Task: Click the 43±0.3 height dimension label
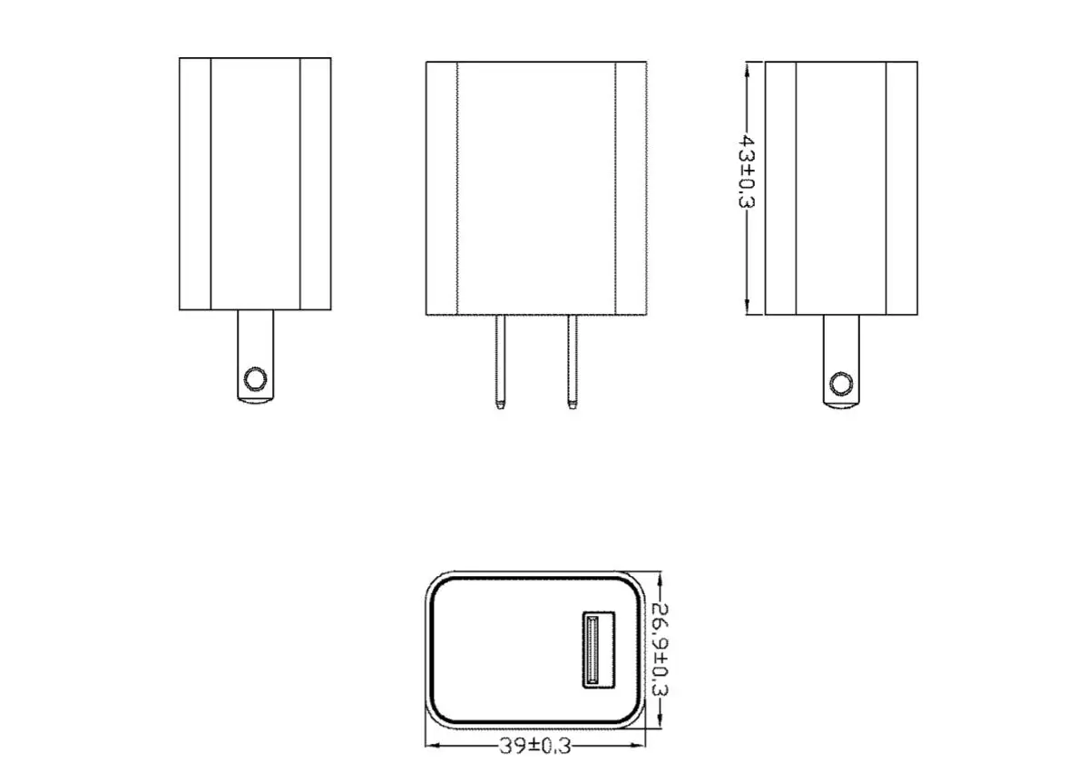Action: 746,171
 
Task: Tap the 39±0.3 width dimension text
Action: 535,746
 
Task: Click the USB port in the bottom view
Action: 597,650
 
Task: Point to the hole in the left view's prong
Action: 256,378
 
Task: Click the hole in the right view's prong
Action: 841,383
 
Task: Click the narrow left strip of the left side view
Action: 194,184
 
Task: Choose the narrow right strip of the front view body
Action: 631,188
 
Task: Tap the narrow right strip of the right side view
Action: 901,188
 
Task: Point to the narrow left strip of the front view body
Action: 442,188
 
